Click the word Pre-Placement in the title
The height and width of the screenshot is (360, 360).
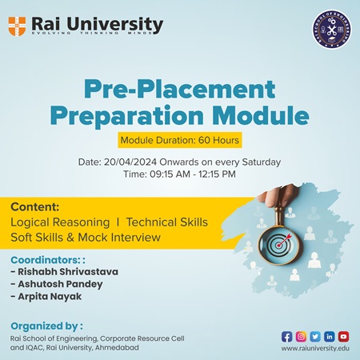[180, 89]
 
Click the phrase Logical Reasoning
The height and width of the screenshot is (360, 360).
[59, 220]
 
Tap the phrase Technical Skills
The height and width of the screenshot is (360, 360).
[168, 220]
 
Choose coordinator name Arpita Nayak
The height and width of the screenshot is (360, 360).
[50, 298]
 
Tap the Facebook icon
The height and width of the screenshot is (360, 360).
[287, 336]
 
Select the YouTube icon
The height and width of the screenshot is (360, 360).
[344, 336]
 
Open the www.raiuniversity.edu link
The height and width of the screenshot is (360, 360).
[315, 349]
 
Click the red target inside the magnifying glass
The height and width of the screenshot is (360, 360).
[278, 242]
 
